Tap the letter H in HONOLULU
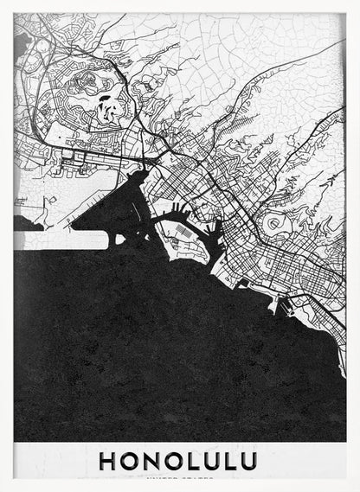pyautogui.click(x=108, y=460)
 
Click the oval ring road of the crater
pyautogui.click(x=274, y=224)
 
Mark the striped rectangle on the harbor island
pyautogui.click(x=183, y=233)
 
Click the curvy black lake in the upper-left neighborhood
pyautogui.click(x=106, y=109)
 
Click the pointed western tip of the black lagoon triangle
pyautogui.click(x=73, y=227)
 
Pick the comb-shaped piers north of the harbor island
pyautogui.click(x=177, y=208)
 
